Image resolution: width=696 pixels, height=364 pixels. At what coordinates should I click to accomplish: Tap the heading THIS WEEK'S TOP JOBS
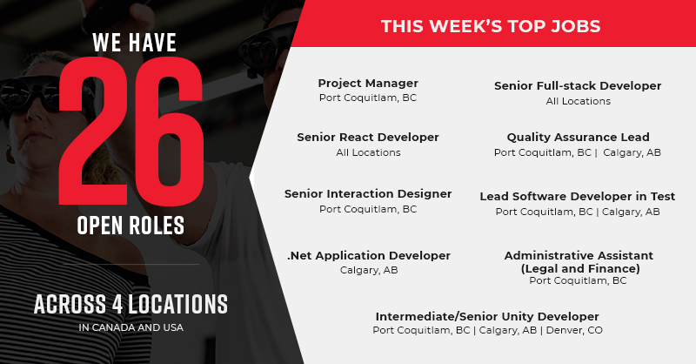491,25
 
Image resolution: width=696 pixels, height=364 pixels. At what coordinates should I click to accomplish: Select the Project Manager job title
368,84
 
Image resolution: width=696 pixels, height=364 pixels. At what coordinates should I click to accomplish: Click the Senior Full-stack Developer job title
578,86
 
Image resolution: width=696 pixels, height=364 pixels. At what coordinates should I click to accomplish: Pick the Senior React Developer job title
368,138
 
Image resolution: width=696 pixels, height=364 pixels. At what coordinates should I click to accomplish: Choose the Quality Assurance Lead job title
578,138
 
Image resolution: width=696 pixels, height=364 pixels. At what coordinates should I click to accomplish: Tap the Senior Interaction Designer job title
368,194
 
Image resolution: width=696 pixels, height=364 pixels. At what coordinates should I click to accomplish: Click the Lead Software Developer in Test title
578,197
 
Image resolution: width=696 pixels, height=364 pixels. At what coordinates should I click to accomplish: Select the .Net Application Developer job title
369,256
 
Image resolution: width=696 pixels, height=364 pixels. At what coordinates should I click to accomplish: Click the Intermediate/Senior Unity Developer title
487,316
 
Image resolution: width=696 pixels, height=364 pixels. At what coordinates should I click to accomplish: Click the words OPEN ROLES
130,226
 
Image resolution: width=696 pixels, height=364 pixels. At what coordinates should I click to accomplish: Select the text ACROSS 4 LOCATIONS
130,304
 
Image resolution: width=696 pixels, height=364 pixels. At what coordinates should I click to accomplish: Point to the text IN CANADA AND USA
130,328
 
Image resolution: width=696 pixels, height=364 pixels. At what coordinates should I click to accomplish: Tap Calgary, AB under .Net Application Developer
368,271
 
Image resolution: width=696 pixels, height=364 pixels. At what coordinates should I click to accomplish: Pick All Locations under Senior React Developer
368,152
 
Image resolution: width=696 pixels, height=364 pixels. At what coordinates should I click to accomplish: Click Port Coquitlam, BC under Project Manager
368,98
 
